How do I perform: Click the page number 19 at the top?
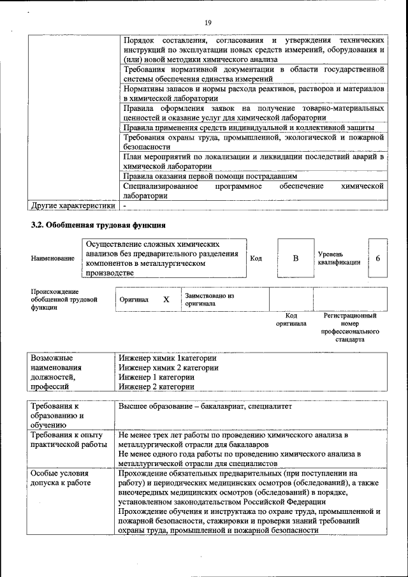[208, 23]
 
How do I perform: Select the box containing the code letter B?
[295, 258]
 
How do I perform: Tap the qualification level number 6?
[378, 258]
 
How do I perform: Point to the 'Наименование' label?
[52, 258]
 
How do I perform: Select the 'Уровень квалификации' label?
[339, 258]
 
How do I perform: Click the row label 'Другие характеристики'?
[73, 206]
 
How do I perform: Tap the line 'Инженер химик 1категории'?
[168, 358]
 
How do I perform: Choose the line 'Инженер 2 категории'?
[156, 386]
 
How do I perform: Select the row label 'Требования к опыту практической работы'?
[69, 439]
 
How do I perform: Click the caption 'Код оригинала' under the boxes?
[291, 319]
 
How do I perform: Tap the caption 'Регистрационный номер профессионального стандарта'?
[350, 328]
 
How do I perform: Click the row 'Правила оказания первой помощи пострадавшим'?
[210, 175]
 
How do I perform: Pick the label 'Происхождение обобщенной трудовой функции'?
[64, 299]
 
